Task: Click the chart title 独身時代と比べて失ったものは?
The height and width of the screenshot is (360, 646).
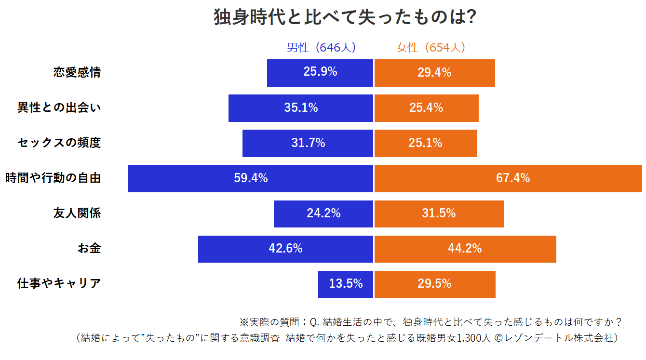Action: (345, 18)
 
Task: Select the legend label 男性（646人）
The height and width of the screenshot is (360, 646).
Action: (321, 48)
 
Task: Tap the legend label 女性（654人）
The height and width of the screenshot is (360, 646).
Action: (431, 48)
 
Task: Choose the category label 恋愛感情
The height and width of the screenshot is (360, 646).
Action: (77, 73)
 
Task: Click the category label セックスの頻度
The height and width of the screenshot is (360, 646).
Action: (59, 143)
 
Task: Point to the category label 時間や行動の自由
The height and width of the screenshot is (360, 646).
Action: (53, 178)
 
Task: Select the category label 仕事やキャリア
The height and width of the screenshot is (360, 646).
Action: (59, 284)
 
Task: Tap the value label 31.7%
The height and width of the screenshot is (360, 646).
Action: (308, 143)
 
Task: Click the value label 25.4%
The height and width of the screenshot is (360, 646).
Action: (426, 108)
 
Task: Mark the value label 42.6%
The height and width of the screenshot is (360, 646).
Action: (285, 249)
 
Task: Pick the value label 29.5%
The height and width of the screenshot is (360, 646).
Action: (434, 284)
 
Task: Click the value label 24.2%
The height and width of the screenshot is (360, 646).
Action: (323, 213)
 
